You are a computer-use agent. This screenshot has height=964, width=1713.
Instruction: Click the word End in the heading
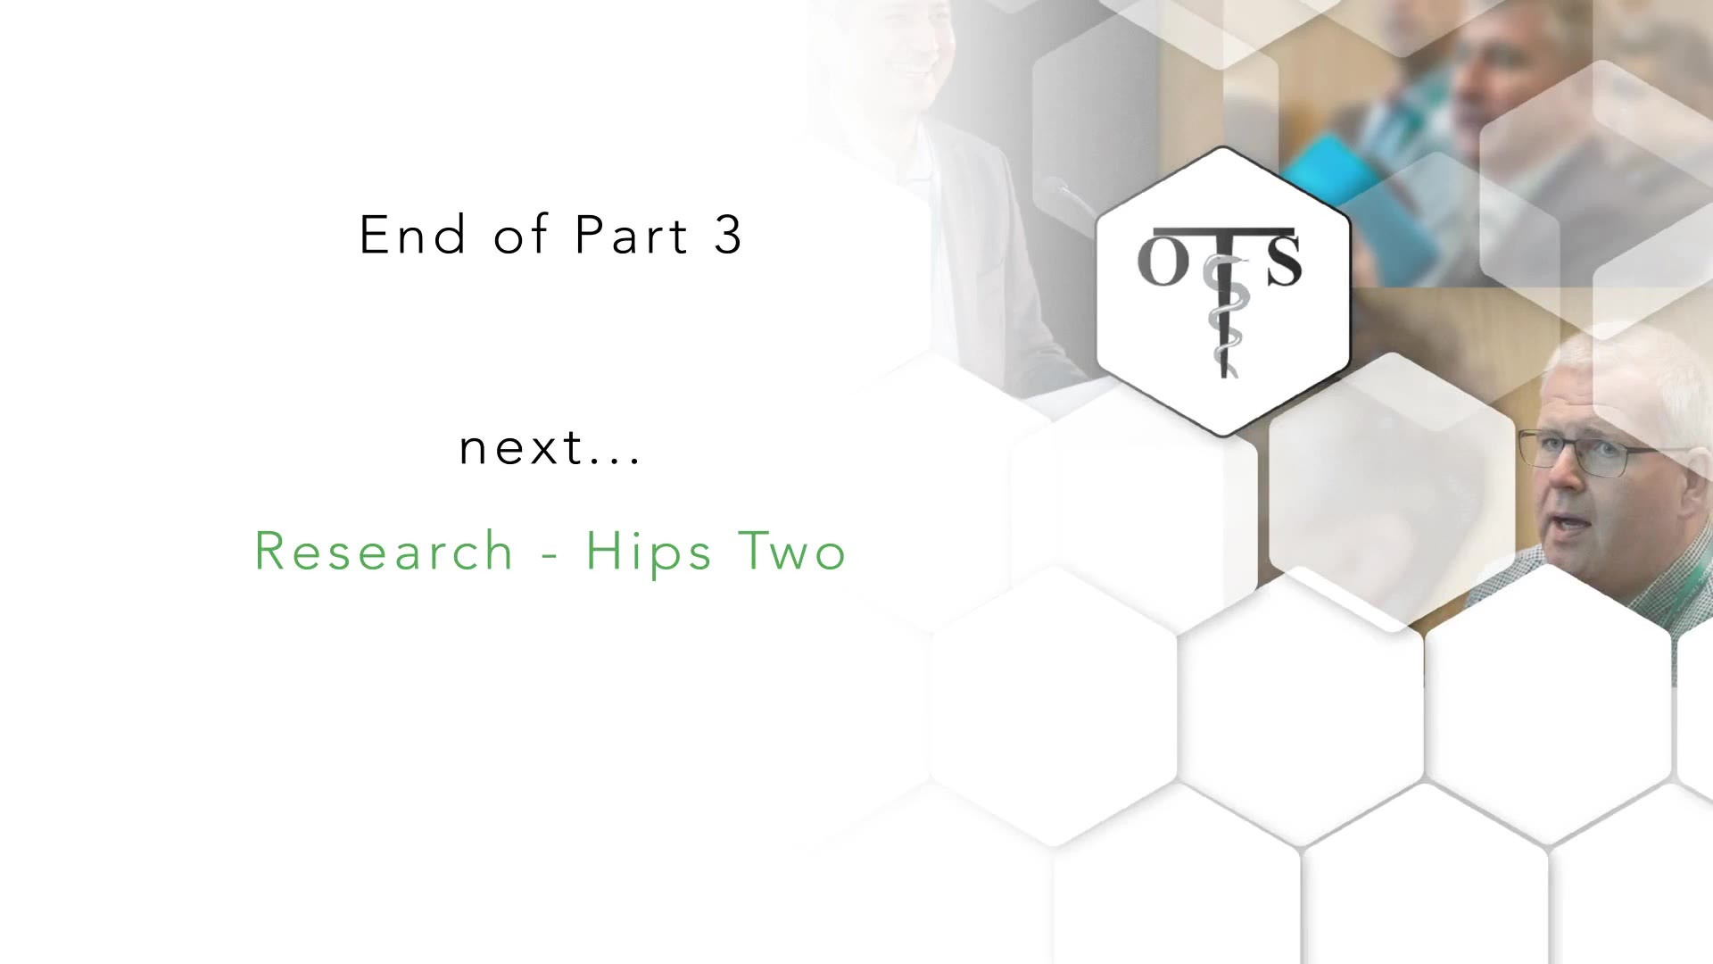(x=413, y=236)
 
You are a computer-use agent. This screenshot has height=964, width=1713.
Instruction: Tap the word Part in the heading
(x=632, y=236)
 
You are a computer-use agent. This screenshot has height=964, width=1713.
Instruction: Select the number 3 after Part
(x=728, y=236)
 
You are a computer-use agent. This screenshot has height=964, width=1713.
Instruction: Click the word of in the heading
(x=520, y=235)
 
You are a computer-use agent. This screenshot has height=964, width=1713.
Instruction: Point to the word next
(x=521, y=448)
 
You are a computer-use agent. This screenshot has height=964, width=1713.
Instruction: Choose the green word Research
(x=385, y=551)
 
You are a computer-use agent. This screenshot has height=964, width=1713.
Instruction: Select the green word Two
(x=792, y=551)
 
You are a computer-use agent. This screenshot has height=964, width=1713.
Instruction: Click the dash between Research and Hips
(x=550, y=557)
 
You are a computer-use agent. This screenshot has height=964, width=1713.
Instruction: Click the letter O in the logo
(x=1163, y=262)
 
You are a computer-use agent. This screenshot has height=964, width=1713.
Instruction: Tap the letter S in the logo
(x=1284, y=261)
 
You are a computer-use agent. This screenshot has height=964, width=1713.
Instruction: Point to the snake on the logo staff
(x=1222, y=312)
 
